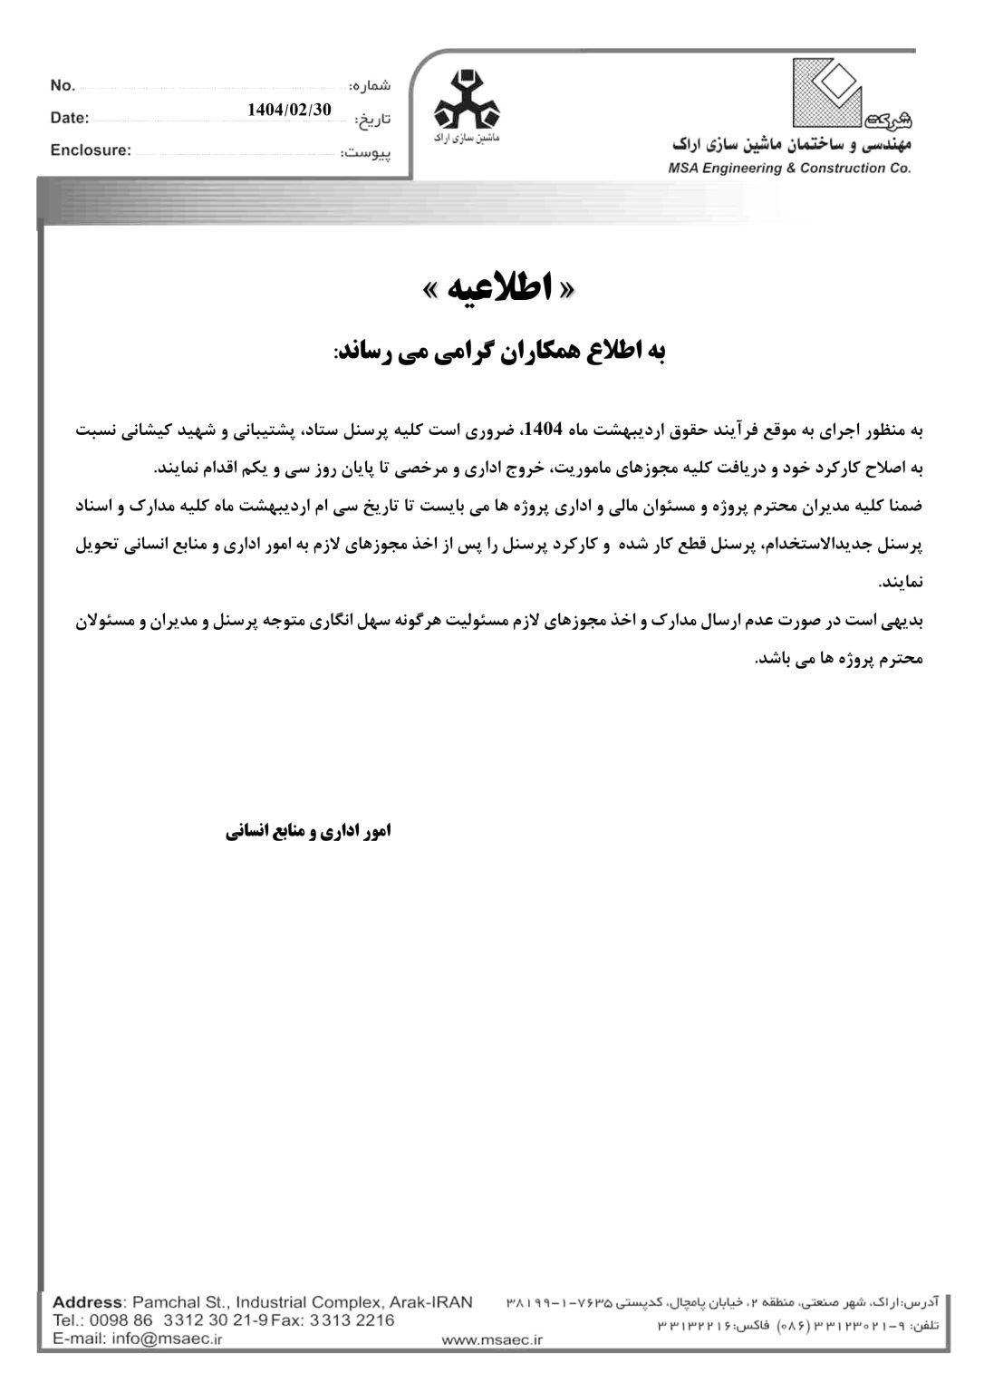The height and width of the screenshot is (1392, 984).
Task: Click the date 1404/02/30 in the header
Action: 289,110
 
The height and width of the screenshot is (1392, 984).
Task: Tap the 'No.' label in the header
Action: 63,85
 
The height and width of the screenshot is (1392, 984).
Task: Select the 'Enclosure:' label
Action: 91,150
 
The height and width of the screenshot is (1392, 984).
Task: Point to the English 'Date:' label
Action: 70,118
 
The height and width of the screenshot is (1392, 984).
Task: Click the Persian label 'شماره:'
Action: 370,86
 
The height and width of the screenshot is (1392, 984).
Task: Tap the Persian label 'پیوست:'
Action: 366,153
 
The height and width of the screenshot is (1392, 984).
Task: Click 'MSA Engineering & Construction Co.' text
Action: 789,168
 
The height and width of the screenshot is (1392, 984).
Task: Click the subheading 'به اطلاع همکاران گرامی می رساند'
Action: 499,352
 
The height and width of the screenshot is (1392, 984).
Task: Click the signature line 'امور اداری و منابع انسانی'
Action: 308,830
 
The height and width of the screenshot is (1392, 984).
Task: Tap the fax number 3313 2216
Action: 352,1320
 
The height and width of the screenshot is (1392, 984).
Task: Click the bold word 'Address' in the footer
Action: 86,1302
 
